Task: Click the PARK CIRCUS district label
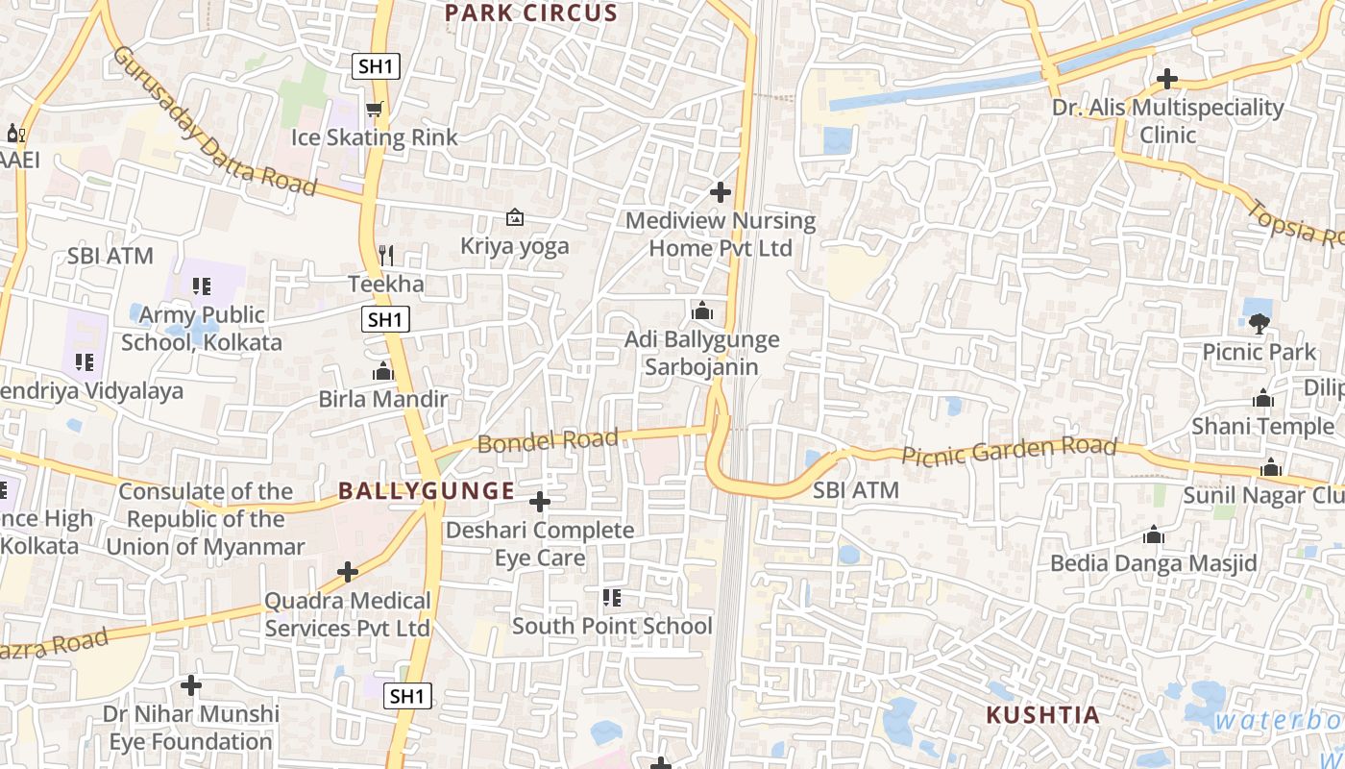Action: (531, 13)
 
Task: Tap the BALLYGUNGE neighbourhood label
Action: (426, 491)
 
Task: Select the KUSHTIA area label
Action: (1042, 715)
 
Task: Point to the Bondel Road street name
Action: (547, 441)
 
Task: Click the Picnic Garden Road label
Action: (1009, 450)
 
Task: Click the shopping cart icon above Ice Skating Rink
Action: (374, 110)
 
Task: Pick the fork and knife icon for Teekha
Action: (386, 256)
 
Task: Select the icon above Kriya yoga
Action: (515, 218)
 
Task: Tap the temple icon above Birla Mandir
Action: (383, 371)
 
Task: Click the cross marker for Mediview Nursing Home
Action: (721, 192)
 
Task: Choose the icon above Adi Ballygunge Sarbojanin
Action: (702, 311)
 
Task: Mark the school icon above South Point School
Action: (612, 598)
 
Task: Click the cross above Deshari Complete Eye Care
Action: (540, 502)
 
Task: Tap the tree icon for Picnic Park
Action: (1259, 323)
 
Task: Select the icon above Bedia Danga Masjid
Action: (1154, 535)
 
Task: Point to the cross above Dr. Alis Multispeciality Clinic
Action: (1167, 79)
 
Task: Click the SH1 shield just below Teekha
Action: (385, 320)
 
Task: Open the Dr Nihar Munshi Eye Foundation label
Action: (191, 728)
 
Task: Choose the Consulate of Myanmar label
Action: (206, 519)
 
